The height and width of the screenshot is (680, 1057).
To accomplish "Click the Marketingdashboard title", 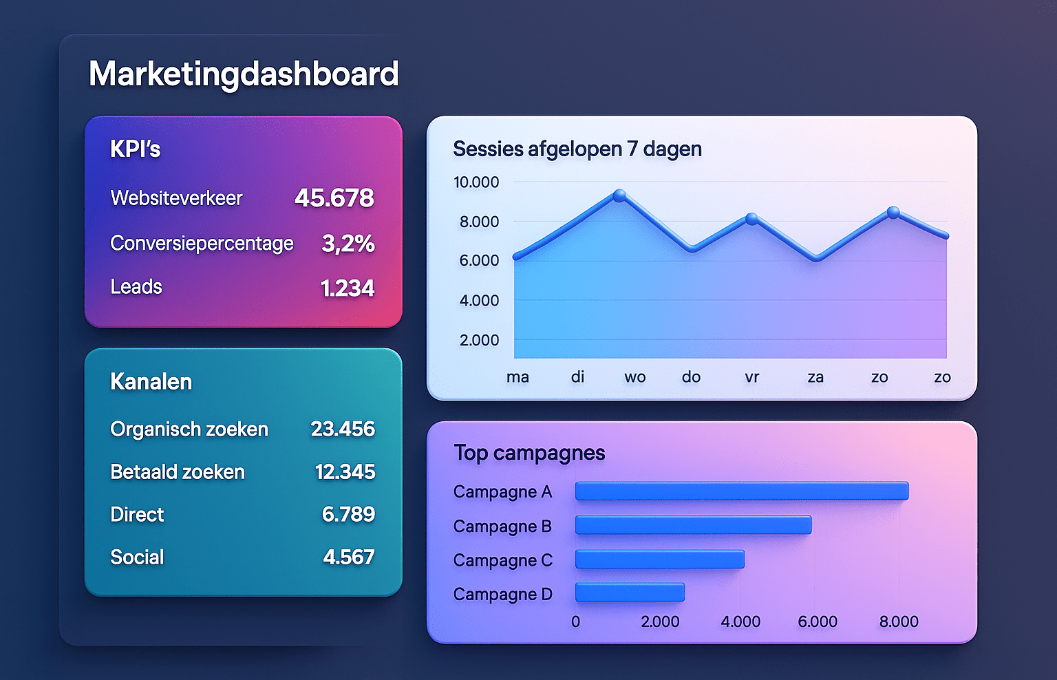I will pyautogui.click(x=244, y=74).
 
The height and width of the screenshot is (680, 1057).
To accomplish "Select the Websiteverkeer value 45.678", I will pyautogui.click(x=334, y=198).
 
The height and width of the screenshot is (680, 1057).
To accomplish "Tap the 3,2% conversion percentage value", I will pyautogui.click(x=348, y=244).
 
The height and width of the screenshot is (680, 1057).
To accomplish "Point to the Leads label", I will pyautogui.click(x=136, y=287).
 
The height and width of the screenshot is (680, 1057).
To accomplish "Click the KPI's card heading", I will pyautogui.click(x=136, y=149).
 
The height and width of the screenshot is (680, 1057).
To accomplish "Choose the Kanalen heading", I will pyautogui.click(x=151, y=381).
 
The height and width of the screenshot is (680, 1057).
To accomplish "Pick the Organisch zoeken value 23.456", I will pyautogui.click(x=343, y=429).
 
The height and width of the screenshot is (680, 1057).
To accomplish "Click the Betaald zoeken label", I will pyautogui.click(x=178, y=472).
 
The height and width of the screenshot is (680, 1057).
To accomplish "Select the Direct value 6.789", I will pyautogui.click(x=348, y=514).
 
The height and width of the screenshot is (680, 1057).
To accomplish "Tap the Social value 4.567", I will pyautogui.click(x=349, y=557).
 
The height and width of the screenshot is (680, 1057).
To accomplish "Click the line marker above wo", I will pyautogui.click(x=619, y=195).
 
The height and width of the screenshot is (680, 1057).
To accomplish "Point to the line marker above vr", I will pyautogui.click(x=752, y=219).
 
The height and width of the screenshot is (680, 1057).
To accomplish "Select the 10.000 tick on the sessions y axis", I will pyautogui.click(x=476, y=182).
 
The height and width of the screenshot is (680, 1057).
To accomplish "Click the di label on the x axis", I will pyautogui.click(x=577, y=377).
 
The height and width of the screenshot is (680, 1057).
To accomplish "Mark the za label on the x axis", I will pyautogui.click(x=815, y=377).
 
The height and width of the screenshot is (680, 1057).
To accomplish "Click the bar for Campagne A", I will pyautogui.click(x=742, y=491).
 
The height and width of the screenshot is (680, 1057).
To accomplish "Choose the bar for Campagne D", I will pyautogui.click(x=630, y=593).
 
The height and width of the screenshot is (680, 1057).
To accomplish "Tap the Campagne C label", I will pyautogui.click(x=503, y=560).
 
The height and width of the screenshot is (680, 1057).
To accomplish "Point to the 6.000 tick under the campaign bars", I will pyautogui.click(x=818, y=621).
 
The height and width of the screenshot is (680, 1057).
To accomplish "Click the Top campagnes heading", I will pyautogui.click(x=529, y=453).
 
